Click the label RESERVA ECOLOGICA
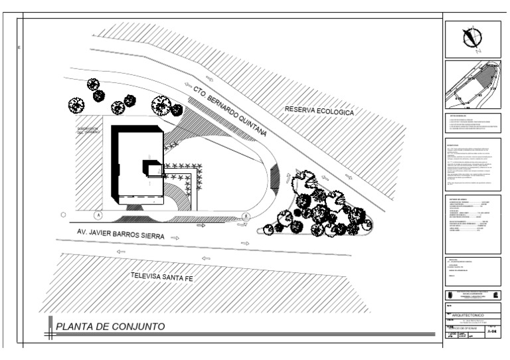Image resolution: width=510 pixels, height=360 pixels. [319, 111]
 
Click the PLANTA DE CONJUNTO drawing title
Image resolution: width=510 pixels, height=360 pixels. [110, 327]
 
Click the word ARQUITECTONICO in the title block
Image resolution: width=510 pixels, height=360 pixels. [466, 314]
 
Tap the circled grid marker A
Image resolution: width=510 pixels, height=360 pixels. [98, 216]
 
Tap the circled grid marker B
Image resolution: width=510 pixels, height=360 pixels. [246, 216]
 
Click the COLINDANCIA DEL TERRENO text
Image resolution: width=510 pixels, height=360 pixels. [88, 130]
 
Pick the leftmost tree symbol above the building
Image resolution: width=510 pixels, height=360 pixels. [76, 105]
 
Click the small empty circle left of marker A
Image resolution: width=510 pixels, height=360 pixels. [63, 215]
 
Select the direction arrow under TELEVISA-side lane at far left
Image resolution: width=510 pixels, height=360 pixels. [120, 252]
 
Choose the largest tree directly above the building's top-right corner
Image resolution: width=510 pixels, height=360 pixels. [161, 105]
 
